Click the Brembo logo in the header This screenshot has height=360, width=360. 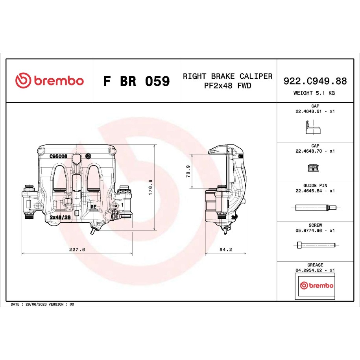49,81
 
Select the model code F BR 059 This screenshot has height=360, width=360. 137,81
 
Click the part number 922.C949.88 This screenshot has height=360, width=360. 315,81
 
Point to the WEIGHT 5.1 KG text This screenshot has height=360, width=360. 314,93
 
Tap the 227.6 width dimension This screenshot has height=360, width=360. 77,249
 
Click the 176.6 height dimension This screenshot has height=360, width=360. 150,187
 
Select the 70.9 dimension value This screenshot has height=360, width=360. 188,171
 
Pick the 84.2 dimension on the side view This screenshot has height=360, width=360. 226,249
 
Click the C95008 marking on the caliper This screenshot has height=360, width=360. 59,156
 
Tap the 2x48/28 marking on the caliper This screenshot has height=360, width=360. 60,217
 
